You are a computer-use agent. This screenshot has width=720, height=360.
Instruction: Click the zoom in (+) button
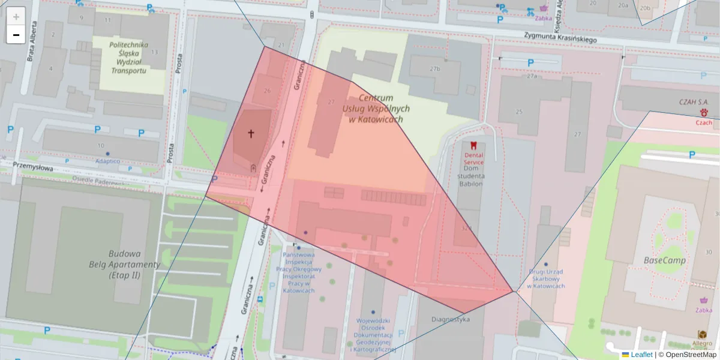point(16,17)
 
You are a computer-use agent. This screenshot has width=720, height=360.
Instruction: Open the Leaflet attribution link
point(641,355)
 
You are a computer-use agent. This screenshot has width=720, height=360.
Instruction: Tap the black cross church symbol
point(251,134)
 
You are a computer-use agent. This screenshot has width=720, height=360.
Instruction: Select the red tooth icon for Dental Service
point(473,145)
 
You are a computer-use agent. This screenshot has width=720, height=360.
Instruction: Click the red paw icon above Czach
point(704,113)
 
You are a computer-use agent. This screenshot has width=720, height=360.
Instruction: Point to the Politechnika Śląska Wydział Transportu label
point(128,58)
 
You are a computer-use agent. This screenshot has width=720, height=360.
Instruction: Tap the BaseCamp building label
point(664,260)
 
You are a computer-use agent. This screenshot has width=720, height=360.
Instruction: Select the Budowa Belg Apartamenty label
point(124,264)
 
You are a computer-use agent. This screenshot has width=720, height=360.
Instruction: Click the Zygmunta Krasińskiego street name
point(559,37)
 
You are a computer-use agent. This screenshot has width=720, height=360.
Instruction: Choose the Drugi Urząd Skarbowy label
point(545,278)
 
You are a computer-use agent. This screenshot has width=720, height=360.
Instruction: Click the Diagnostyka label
point(450,319)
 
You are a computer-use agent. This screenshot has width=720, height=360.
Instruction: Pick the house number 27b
point(434,68)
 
